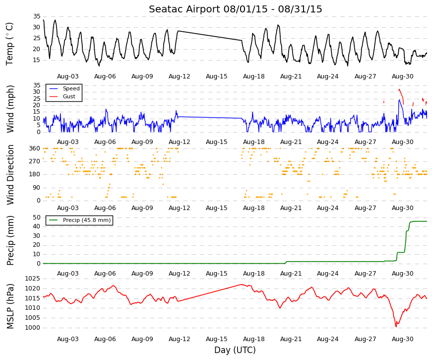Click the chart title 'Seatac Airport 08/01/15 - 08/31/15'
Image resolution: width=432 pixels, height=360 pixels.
click(235, 9)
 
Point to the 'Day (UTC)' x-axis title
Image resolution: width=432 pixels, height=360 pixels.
click(235, 350)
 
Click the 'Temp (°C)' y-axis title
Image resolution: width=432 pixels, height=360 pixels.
click(9, 44)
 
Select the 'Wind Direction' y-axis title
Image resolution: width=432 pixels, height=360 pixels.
click(10, 175)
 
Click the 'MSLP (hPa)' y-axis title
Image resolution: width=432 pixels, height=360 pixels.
click(10, 306)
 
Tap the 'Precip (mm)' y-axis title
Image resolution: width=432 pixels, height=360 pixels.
click(10, 240)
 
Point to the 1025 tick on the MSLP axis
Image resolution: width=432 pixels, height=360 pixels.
click(33, 279)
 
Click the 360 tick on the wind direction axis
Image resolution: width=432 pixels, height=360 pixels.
click(35, 148)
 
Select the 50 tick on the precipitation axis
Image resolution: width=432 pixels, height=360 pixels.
click(37, 217)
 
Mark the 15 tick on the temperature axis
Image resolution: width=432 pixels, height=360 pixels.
click(37, 60)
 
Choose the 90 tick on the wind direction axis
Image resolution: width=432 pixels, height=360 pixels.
click(37, 188)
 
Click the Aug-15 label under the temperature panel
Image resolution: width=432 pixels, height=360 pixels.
click(217, 76)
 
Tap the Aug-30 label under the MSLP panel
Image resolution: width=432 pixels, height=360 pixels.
click(403, 339)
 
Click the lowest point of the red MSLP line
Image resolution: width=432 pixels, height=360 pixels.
click(396, 327)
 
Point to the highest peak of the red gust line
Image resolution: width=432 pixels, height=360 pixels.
click(399, 89)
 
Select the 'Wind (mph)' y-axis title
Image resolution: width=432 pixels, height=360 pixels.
click(10, 109)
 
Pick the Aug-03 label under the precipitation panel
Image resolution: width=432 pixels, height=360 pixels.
click(68, 274)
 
